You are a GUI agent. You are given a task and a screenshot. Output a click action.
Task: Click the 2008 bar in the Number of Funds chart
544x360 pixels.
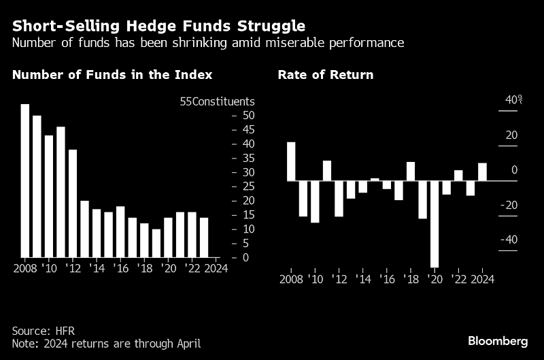(x=25, y=180)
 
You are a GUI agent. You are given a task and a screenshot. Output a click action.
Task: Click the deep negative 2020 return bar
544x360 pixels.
(x=435, y=224)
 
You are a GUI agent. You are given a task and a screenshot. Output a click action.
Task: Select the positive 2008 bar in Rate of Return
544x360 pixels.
(x=291, y=161)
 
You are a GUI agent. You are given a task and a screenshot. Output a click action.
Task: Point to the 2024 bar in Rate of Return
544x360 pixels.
(x=482, y=172)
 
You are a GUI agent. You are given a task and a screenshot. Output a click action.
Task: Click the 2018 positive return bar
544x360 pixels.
(x=411, y=171)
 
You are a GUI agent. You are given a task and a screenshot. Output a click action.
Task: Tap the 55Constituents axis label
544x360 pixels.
(x=217, y=101)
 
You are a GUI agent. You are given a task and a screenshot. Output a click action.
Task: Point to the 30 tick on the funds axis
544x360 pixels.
(x=249, y=172)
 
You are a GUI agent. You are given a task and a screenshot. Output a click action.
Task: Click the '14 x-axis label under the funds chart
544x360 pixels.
(x=97, y=268)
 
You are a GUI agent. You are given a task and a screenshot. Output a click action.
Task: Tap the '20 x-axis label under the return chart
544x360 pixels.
(x=435, y=279)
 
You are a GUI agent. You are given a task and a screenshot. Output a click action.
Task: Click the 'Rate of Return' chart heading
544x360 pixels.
(x=326, y=75)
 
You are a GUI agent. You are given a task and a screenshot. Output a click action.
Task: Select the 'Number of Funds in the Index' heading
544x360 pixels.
(x=112, y=75)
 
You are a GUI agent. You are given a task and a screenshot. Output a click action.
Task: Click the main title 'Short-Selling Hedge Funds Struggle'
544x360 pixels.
(x=158, y=26)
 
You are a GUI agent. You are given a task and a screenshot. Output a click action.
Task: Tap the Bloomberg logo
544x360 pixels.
(x=498, y=340)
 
